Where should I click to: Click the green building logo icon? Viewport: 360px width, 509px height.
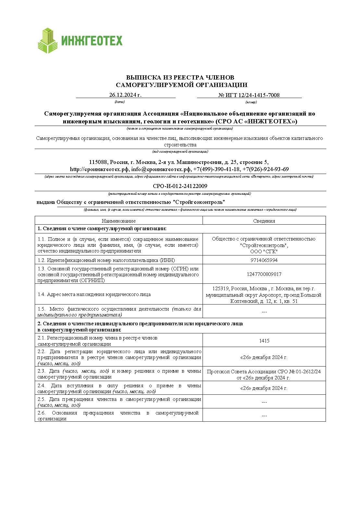tap(48, 41)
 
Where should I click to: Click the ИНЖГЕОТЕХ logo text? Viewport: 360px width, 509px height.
tap(92, 41)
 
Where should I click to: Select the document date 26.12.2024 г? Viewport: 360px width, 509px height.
tap(125, 95)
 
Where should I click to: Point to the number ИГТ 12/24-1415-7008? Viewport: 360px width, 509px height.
tap(249, 95)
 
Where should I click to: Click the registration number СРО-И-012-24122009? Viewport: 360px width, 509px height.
tap(180, 186)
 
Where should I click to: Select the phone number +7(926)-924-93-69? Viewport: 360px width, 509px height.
tap(266, 169)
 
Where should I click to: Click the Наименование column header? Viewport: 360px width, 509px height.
tap(118, 221)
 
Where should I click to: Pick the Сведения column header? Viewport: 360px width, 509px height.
tap(264, 221)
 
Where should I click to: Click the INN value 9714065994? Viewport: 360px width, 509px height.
tap(264, 260)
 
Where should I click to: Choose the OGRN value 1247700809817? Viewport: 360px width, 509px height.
tap(264, 274)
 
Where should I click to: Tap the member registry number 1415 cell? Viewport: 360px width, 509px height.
tap(264, 341)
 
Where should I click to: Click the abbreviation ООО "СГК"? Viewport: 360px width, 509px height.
tap(264, 252)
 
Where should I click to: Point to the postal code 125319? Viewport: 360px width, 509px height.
tap(221, 289)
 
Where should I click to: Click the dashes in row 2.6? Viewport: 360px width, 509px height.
tap(264, 416)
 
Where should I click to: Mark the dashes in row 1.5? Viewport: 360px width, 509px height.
tap(264, 312)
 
